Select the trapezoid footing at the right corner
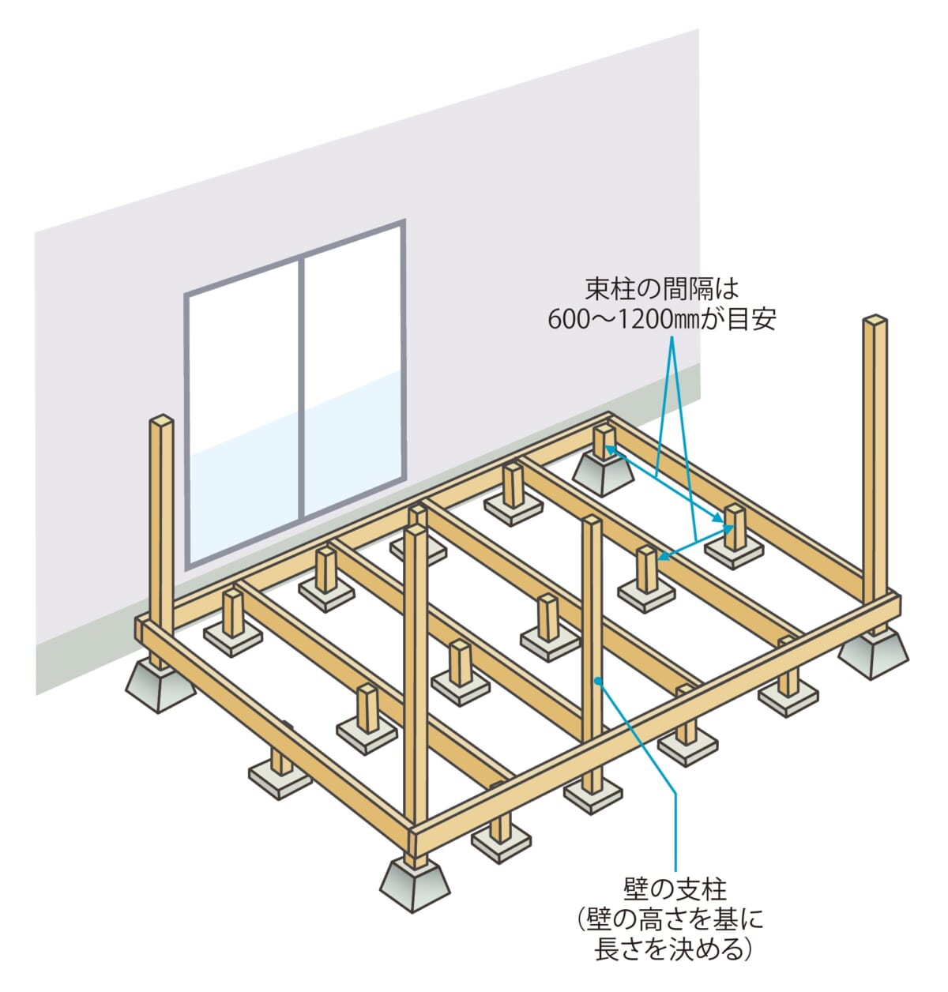pos(873,653)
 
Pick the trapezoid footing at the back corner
pos(603,473)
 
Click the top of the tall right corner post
pos(875,321)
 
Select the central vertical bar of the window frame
pos(300,387)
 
